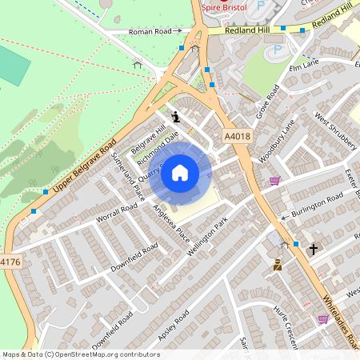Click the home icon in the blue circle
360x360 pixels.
(180, 173)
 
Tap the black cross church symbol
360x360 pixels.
(314, 249)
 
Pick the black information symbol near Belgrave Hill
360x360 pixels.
(176, 116)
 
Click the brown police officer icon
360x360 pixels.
(278, 265)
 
